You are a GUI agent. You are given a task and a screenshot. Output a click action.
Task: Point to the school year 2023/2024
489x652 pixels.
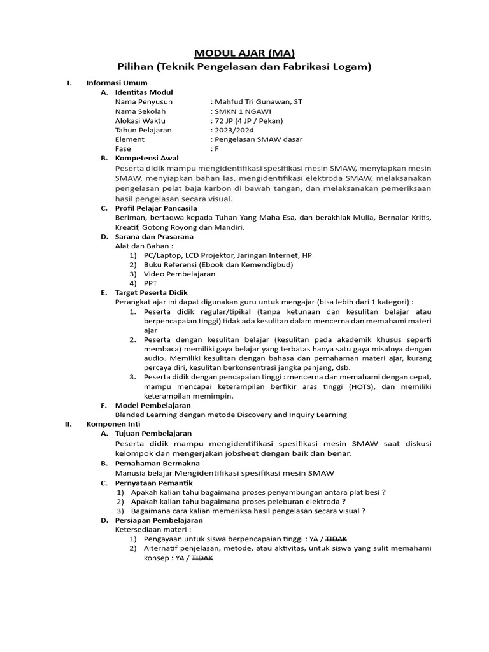tap(234, 130)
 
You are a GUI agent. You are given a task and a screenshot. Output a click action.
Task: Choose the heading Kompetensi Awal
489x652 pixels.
tap(146, 158)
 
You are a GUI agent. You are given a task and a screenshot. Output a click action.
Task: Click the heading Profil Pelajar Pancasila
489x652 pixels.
tap(156, 208)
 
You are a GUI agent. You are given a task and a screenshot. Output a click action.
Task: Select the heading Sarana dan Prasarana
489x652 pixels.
tap(153, 236)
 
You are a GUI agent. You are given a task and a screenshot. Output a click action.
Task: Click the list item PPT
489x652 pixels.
tap(151, 283)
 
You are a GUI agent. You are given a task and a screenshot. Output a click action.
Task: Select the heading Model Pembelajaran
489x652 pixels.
tap(152, 405)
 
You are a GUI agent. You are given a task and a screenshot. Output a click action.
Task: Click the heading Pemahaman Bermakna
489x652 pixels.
tap(155, 464)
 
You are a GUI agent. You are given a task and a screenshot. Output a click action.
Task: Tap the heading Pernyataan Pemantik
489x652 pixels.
tap(153, 483)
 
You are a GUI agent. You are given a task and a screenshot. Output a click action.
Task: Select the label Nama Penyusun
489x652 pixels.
tap(143, 101)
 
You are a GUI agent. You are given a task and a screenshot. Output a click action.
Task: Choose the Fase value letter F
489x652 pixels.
tap(216, 148)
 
